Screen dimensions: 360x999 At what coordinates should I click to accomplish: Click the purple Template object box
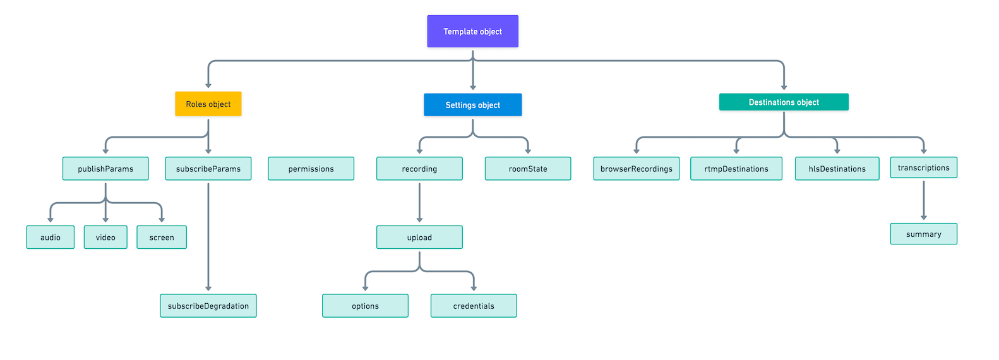472,32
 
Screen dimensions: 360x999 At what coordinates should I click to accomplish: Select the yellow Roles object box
208,104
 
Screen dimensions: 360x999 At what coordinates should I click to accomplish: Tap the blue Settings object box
472,105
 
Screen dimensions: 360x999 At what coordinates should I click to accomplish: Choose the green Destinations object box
783,102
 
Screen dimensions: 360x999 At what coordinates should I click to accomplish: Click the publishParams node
105,169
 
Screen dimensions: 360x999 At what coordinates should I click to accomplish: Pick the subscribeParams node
208,169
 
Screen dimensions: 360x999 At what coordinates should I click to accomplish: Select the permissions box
311,169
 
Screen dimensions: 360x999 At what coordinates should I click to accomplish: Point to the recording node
419,169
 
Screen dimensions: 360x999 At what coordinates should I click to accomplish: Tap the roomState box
527,169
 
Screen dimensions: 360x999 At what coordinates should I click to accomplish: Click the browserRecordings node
636,169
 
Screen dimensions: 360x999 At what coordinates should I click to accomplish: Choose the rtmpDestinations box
736,169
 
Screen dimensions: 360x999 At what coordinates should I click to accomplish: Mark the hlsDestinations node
837,169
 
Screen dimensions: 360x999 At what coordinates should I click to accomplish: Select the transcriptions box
923,167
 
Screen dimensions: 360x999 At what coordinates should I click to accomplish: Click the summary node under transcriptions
923,234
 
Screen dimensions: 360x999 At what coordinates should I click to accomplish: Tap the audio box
51,237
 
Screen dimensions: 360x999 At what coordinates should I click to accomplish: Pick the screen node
162,237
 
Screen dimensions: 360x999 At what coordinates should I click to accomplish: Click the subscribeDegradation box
208,306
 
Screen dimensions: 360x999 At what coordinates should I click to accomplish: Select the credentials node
474,306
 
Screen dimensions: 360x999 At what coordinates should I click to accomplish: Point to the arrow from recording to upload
419,202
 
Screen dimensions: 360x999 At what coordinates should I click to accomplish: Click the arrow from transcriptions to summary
923,200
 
